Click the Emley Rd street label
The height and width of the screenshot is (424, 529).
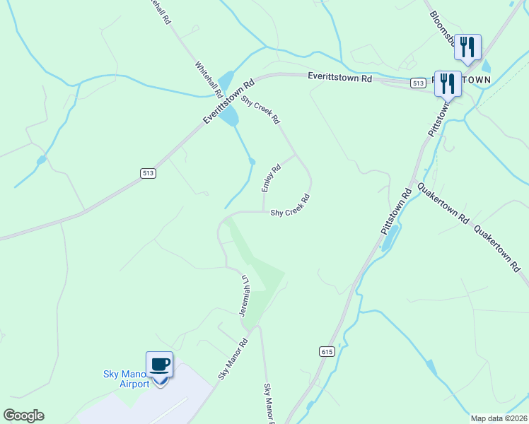(x=271, y=178)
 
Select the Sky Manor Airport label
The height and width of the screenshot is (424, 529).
(x=126, y=379)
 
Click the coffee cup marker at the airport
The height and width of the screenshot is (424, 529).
(x=159, y=365)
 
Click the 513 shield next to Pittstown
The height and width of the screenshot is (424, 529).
(x=417, y=83)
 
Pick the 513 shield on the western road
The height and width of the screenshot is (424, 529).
(x=148, y=173)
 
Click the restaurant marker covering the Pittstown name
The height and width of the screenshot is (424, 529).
(x=448, y=83)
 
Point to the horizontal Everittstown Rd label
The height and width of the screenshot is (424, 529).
(x=339, y=78)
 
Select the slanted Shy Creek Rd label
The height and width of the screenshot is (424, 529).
(x=261, y=109)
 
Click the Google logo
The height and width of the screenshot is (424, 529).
(x=23, y=416)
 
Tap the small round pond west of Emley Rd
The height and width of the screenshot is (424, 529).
(x=252, y=162)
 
